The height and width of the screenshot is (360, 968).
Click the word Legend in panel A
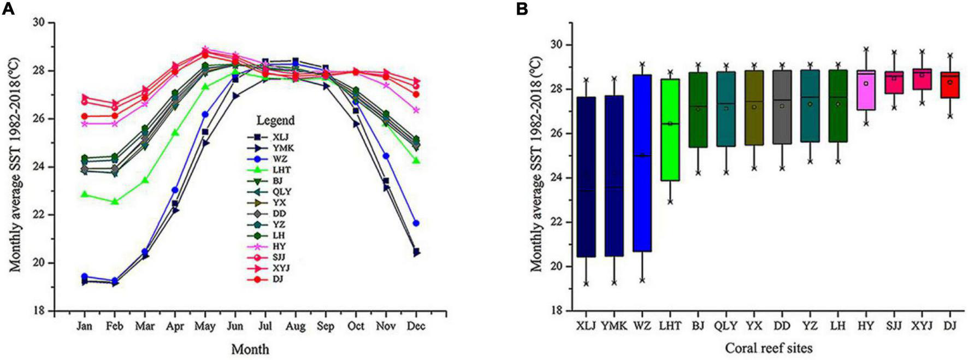276,120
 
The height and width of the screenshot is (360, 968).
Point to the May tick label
205,326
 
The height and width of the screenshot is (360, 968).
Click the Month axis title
250,349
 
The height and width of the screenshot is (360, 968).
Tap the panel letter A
8,9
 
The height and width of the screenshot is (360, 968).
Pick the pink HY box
866,90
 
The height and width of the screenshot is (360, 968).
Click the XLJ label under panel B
586,326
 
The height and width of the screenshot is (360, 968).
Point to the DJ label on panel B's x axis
950,326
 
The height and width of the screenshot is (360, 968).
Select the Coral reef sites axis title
768,348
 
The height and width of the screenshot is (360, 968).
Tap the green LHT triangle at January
84,194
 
